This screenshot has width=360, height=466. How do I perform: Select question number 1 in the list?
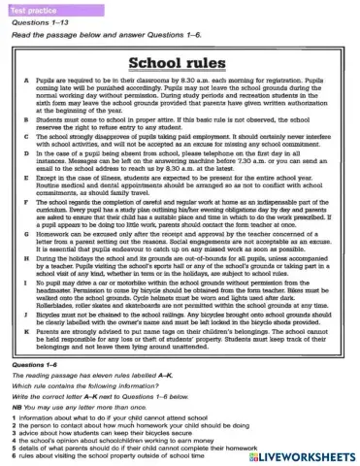(15, 420)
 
